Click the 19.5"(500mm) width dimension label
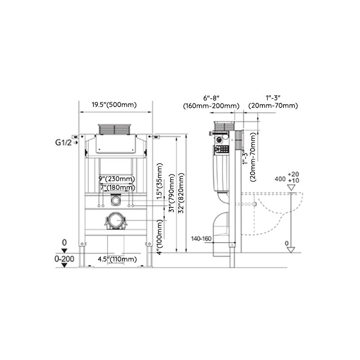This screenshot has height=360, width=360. [x=114, y=105]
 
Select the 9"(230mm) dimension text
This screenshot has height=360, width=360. [x=117, y=179]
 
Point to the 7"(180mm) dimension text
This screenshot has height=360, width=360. [x=117, y=187]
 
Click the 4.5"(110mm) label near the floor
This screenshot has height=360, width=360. [x=117, y=259]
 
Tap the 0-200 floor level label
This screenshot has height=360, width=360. [x=64, y=259]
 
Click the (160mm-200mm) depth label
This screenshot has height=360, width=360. [x=211, y=106]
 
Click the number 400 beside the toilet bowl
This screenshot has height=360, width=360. [x=279, y=179]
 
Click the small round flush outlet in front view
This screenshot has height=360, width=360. [x=117, y=200]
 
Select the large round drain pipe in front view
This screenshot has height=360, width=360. [x=117, y=221]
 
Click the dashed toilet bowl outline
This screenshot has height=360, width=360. [x=270, y=211]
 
